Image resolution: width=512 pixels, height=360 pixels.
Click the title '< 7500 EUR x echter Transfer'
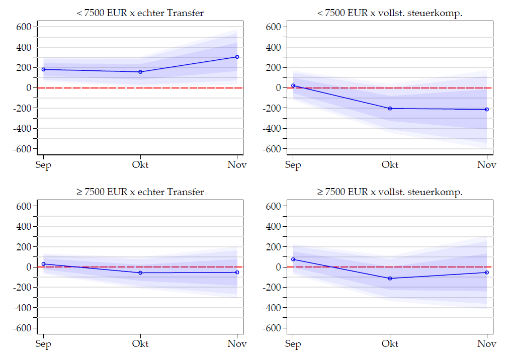click(x=140, y=13)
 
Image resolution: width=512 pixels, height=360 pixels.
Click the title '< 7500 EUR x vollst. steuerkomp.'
click(x=390, y=13)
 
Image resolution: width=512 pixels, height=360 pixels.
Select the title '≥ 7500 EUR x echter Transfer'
click(x=140, y=192)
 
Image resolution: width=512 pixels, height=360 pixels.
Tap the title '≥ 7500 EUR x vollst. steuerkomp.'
click(x=390, y=192)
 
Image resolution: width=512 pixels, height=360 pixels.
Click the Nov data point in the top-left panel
click(x=237, y=57)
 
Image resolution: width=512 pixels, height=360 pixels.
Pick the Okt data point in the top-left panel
click(x=140, y=72)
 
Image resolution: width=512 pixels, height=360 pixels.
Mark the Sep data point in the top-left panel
click(x=44, y=69)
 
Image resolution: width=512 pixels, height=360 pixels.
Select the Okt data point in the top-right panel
click(x=390, y=108)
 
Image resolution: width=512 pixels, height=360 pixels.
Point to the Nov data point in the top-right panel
click(x=487, y=109)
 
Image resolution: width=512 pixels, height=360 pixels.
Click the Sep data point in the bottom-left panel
click(x=44, y=264)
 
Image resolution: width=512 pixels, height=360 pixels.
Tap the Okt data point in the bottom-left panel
click(x=140, y=273)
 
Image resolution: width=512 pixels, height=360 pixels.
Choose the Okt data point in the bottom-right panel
click(x=390, y=278)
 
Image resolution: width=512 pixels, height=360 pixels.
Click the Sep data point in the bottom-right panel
click(x=293, y=259)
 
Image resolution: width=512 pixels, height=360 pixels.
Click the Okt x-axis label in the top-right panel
click(x=390, y=165)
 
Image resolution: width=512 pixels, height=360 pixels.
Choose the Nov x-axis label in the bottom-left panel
click(x=237, y=344)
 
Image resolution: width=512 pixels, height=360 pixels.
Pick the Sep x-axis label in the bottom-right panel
click(x=293, y=344)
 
